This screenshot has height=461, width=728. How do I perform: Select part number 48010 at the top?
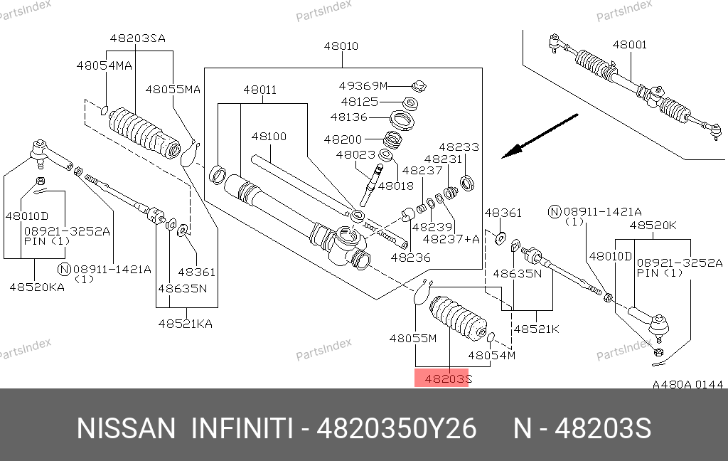click(x=341, y=47)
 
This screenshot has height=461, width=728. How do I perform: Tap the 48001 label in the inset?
click(x=630, y=45)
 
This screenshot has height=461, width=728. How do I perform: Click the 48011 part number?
click(x=259, y=90)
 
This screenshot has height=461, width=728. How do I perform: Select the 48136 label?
click(x=349, y=117)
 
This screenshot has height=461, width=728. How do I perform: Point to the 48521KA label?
click(x=185, y=324)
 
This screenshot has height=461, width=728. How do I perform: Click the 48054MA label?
click(x=105, y=65)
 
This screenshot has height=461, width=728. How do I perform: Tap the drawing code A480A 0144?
click(x=687, y=385)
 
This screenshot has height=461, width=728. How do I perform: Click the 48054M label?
click(x=492, y=354)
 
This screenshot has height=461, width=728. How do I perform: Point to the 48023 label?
click(x=355, y=154)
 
